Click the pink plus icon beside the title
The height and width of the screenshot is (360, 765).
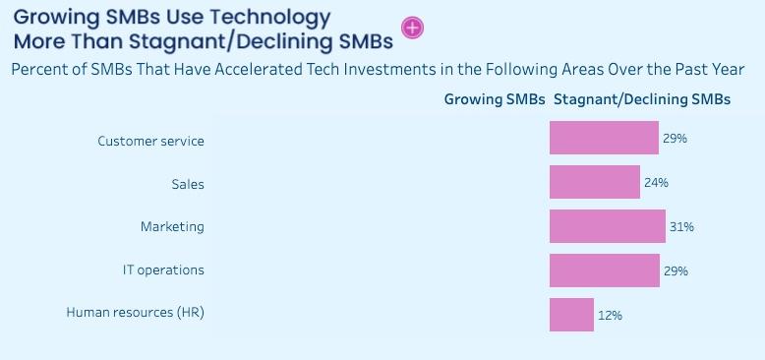[x=412, y=28]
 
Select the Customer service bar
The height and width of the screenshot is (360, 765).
[x=604, y=138]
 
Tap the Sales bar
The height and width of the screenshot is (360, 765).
[x=595, y=182]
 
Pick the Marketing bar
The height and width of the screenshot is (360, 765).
[x=608, y=226]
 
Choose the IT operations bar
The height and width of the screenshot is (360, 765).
[x=605, y=270]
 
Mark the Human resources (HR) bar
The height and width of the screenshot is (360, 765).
[x=572, y=315]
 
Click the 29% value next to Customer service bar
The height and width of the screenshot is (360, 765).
[x=675, y=139]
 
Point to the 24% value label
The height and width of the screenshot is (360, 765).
[x=656, y=183]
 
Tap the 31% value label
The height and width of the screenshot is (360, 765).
[x=681, y=227]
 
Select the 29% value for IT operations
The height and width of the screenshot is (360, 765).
[x=676, y=271]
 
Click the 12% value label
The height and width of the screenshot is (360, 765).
[x=610, y=316]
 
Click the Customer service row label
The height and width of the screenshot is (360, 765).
[x=150, y=141]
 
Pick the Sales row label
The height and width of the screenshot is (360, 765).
[x=188, y=184]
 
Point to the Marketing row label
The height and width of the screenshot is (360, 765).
[x=172, y=227]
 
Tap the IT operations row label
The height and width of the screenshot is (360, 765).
[x=163, y=270]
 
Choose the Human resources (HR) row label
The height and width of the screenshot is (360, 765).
[x=135, y=313]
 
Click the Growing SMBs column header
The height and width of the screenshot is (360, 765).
[x=495, y=99]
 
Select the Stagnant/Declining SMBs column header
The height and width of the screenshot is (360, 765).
[x=642, y=99]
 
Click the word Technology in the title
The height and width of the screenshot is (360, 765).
[x=266, y=19]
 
